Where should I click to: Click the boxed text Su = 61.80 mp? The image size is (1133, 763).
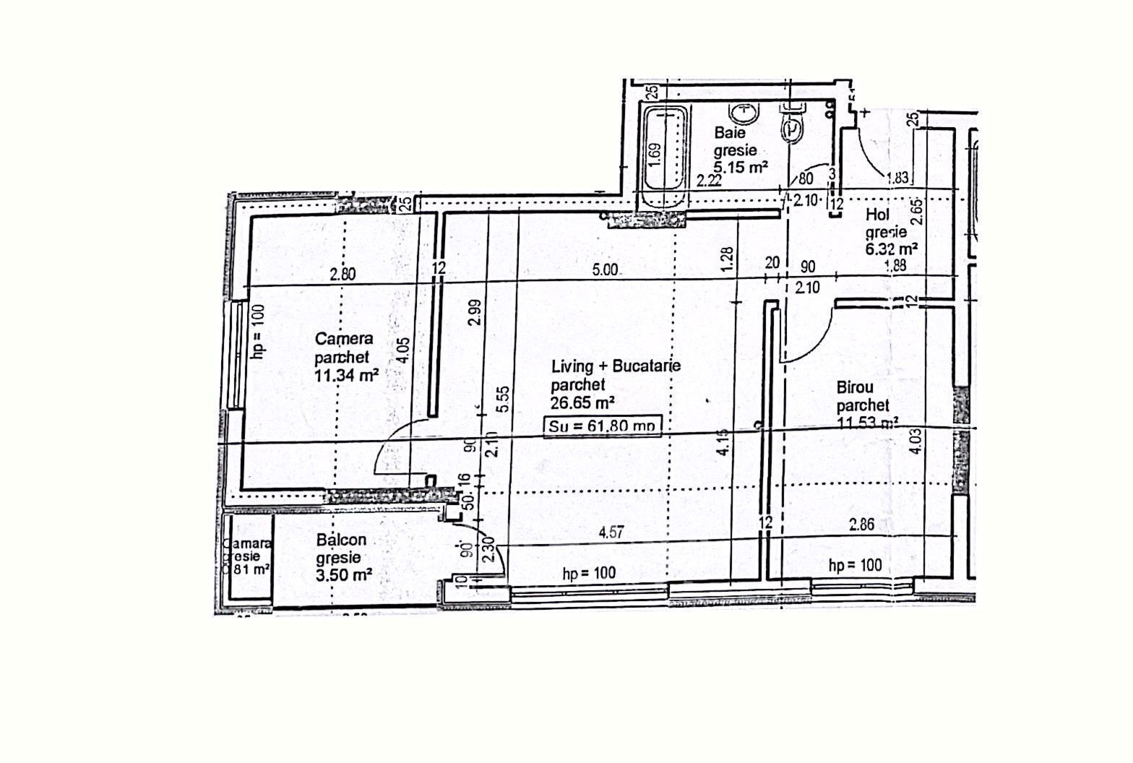(602, 426)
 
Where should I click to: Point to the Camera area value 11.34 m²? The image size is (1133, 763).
(347, 375)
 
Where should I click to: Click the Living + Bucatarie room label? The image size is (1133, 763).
(616, 366)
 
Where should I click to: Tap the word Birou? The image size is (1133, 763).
(855, 387)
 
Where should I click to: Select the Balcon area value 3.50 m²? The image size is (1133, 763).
(344, 575)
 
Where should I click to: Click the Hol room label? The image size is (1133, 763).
(877, 215)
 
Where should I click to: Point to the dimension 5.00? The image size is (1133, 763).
(605, 270)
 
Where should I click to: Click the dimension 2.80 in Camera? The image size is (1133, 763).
(343, 274)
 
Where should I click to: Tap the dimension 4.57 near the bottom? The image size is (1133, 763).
(611, 533)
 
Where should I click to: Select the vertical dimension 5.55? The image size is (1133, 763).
(504, 399)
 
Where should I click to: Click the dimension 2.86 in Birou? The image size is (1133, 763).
(862, 525)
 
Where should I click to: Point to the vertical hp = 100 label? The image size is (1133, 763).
(259, 330)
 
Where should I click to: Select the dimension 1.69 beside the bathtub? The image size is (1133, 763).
(654, 155)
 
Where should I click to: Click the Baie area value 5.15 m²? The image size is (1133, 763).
(741, 168)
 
